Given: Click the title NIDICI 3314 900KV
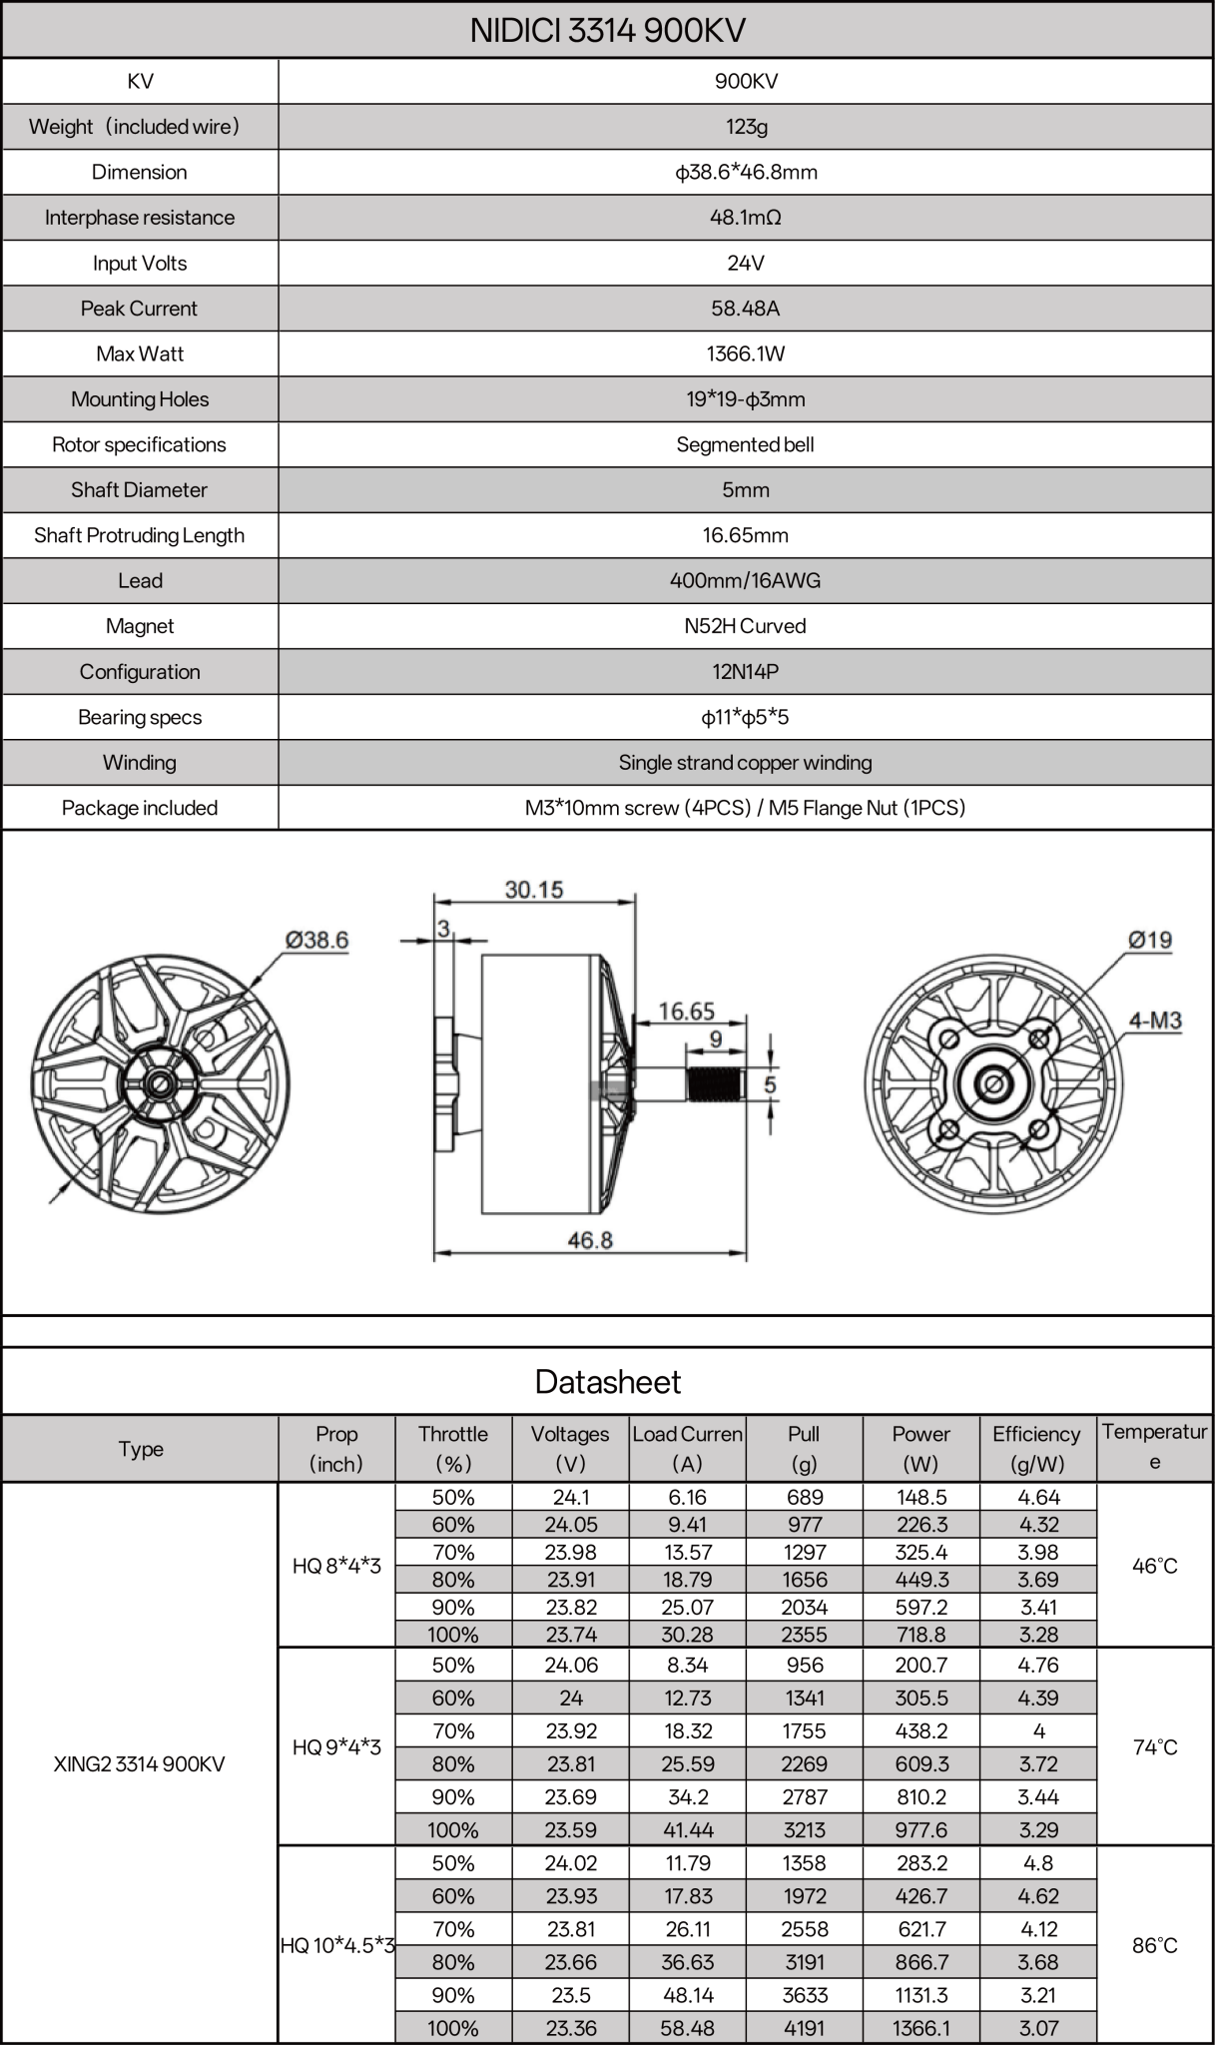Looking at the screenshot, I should pos(607,30).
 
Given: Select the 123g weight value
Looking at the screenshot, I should pos(745,127).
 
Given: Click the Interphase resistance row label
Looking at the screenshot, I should pos(140,218).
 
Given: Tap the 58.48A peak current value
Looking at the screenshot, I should pos(745,309).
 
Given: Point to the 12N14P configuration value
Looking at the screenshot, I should pos(745,672).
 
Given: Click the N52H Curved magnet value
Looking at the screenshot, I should pos(745,626).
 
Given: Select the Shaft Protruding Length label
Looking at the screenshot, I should pos(140,535).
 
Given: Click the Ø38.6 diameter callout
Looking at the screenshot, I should pos(316,940).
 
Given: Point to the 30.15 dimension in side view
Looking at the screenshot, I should pos(533,889).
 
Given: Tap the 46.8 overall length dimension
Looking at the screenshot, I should pos(589,1240).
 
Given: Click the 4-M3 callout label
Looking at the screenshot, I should pos(1154,1021).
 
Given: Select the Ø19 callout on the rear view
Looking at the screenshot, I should pos(1149,940).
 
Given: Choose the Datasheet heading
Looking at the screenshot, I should pos(607,1382).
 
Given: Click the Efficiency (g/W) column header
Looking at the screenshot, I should pos(1036,1448).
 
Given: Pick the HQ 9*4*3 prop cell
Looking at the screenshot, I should pos(336,1747).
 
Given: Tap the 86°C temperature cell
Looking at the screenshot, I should pos(1154,1945).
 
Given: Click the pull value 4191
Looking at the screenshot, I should pos(805,2028).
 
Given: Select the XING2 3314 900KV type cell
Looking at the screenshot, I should pos(140,1763).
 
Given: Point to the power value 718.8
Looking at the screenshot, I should pos(920,1635).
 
